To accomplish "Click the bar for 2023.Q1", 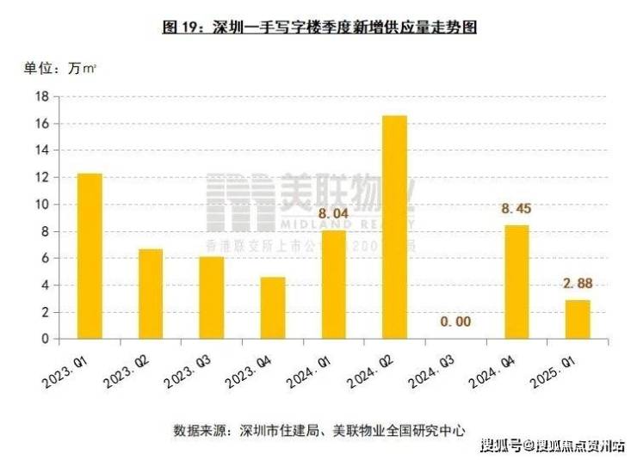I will click(90, 256).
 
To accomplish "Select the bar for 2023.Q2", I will click(151, 294).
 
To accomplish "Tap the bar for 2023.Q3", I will click(212, 297).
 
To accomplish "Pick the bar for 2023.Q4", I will click(273, 308).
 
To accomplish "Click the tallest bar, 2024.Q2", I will click(394, 227).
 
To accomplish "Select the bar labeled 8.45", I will click(516, 282).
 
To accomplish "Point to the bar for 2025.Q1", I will click(578, 319).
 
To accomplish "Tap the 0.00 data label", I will click(455, 321).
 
